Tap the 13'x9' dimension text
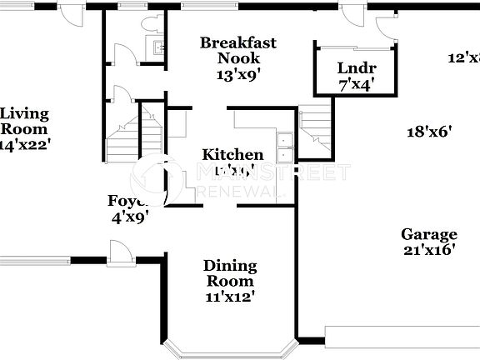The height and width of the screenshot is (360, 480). point(237,73)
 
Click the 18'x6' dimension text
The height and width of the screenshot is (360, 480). point(428,131)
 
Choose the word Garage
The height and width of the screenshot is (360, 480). point(428,235)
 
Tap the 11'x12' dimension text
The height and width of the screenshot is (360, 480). point(230,295)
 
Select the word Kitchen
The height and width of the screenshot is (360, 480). point(233,155)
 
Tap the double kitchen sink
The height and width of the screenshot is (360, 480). point(285,147)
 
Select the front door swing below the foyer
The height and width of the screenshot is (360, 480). point(121,252)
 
